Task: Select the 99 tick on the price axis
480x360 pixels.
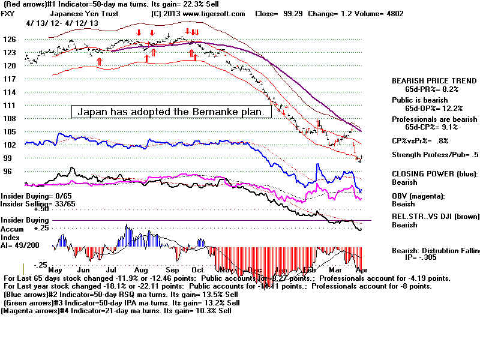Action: point(8,158)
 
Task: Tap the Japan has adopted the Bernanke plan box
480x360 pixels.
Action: point(172,112)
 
